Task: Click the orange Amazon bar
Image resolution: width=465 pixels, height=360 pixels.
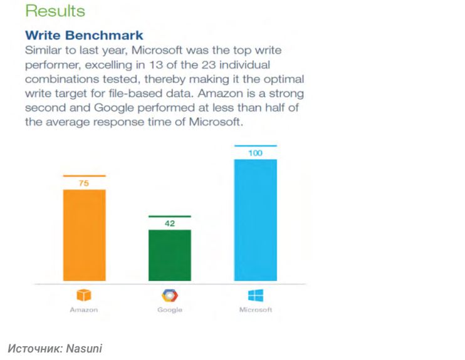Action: point(84,235)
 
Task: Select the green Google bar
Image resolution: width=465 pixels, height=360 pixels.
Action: point(169,255)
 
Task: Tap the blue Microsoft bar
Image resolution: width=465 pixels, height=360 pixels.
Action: point(255,220)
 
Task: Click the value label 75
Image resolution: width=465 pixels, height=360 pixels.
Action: point(84,184)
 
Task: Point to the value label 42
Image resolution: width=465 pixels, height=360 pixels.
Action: point(169,224)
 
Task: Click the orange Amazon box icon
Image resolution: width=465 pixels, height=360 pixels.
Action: point(84,295)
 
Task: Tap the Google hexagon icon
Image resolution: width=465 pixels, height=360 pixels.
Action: point(169,295)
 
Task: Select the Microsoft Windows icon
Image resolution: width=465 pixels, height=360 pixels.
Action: point(256,295)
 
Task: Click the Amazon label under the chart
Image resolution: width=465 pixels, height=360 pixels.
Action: point(84,311)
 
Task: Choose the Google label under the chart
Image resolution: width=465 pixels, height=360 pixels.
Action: point(169,311)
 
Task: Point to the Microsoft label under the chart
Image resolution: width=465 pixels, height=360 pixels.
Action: point(256,311)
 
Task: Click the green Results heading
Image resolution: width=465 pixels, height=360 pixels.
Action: point(55,11)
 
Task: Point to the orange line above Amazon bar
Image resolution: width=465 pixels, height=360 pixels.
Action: point(84,176)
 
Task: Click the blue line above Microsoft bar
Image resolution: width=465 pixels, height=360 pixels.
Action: point(255,146)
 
